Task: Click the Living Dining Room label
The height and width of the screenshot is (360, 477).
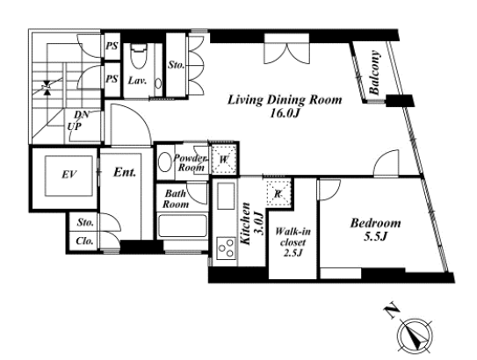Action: [x=285, y=100]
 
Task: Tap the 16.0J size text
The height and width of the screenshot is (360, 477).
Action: [x=285, y=113]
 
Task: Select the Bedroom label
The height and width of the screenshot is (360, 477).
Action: [x=375, y=223]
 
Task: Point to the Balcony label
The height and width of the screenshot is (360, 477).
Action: [x=374, y=72]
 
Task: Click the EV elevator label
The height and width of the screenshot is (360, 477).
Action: [x=69, y=175]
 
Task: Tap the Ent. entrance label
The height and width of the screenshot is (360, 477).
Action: [x=125, y=172]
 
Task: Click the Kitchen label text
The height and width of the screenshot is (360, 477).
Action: [x=245, y=224]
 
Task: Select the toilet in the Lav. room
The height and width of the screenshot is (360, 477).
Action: [x=139, y=56]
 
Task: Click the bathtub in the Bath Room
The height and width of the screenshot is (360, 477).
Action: [x=183, y=226]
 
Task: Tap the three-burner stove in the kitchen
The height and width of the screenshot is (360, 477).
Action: [x=227, y=248]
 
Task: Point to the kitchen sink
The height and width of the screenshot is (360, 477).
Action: [x=226, y=196]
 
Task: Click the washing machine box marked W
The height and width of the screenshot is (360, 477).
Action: [x=224, y=159]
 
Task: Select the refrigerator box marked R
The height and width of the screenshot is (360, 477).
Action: [x=278, y=194]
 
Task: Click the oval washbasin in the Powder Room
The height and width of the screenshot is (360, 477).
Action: [x=165, y=162]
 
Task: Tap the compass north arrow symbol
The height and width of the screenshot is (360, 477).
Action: [x=415, y=336]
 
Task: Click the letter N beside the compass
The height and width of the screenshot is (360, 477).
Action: [x=392, y=311]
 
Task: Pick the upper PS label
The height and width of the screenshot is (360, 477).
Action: [x=112, y=46]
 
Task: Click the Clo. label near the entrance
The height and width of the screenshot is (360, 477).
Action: [x=84, y=241]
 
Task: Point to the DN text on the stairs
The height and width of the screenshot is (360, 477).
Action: [x=82, y=114]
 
